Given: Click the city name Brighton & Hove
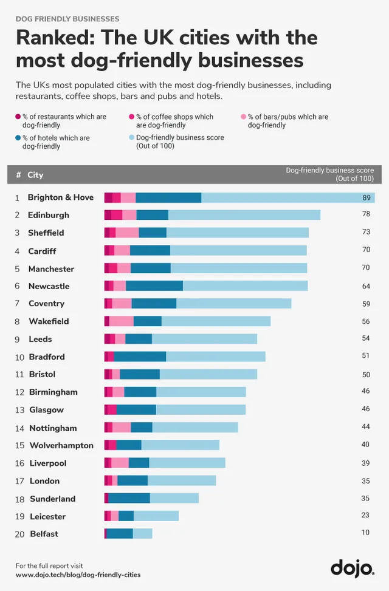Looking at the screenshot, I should click(x=61, y=197).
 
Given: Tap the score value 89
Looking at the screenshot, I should click(x=366, y=197).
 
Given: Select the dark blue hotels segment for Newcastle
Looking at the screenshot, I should click(x=154, y=286).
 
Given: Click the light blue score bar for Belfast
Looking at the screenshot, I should click(x=142, y=533).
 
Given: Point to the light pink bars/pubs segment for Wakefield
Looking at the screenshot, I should click(x=122, y=321).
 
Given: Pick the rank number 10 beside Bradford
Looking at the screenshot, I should click(x=19, y=357).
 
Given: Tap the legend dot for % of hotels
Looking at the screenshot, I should click(x=18, y=138).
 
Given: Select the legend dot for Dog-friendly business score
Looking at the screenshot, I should click(x=132, y=138).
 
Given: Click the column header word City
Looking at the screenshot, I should click(x=35, y=175).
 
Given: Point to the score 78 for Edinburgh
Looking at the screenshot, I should click(x=366, y=215).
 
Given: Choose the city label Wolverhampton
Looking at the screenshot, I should click(x=61, y=445).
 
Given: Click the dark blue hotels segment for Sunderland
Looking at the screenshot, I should click(x=129, y=498).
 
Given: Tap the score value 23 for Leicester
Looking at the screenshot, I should click(x=366, y=516).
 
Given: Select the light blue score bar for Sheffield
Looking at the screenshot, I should click(x=237, y=233).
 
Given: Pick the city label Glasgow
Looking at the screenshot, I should click(x=46, y=410).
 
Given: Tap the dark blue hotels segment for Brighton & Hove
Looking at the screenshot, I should click(x=168, y=197).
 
